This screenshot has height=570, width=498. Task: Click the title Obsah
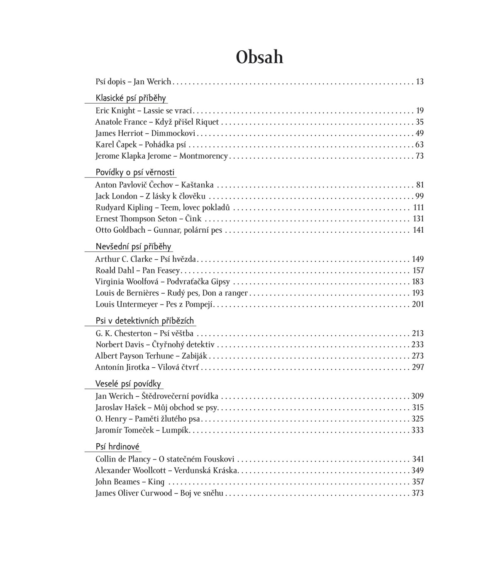(259, 57)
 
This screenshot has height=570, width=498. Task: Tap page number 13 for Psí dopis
(420, 82)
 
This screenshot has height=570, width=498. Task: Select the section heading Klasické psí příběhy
(131, 98)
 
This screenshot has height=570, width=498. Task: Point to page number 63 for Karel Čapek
(420, 145)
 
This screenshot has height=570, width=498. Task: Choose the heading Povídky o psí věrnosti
(135, 172)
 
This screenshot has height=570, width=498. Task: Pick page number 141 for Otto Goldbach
(418, 230)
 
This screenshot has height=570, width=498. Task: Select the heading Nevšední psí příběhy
(133, 247)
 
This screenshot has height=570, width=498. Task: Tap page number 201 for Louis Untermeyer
(418, 305)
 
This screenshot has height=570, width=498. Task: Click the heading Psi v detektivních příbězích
(145, 321)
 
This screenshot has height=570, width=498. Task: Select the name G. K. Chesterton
(124, 334)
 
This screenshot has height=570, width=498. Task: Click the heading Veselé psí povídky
(128, 384)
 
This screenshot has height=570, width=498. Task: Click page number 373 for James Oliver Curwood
(418, 494)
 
